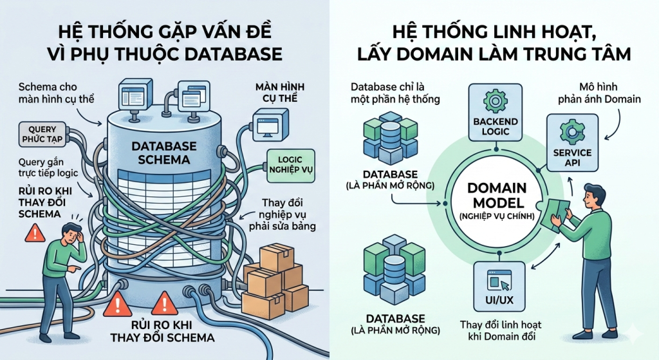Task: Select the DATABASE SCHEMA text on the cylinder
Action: [x=163, y=153]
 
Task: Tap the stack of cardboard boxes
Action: [x=274, y=277]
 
